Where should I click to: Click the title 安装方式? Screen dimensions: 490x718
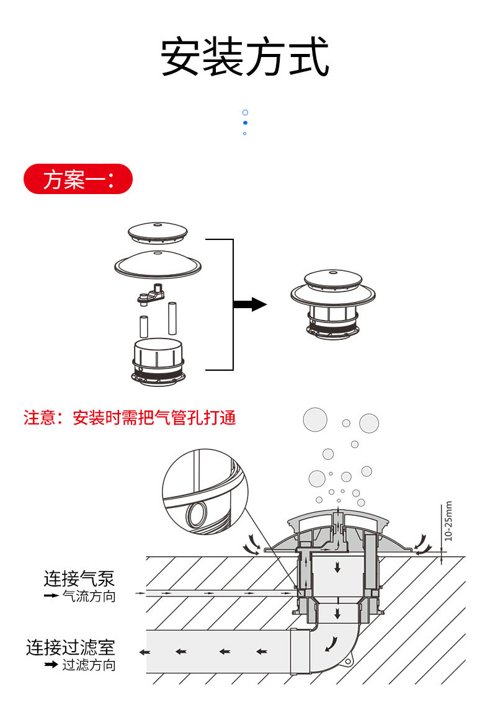click(x=245, y=56)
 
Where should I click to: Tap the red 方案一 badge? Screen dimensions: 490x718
click(x=78, y=179)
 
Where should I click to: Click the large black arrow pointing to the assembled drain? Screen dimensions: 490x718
click(x=249, y=304)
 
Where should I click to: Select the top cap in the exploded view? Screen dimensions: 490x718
click(x=158, y=233)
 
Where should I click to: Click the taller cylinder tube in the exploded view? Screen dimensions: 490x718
click(x=172, y=318)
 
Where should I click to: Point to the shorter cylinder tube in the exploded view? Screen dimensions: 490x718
click(x=144, y=327)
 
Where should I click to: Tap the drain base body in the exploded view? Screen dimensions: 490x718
click(x=158, y=361)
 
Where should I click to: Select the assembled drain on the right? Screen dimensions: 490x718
click(x=333, y=304)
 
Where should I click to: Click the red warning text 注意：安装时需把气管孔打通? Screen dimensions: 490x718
click(x=130, y=418)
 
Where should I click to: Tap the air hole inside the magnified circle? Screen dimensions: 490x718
click(x=197, y=514)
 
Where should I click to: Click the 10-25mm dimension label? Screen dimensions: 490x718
click(x=448, y=521)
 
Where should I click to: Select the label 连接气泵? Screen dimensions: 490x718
click(x=79, y=578)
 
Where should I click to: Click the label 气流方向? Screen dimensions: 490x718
click(x=89, y=596)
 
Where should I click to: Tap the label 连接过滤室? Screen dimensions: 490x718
click(x=70, y=647)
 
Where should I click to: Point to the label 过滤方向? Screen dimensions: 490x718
click(x=89, y=665)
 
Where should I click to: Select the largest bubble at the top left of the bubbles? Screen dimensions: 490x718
click(x=315, y=419)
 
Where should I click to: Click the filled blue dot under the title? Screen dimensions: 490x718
click(x=246, y=123)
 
